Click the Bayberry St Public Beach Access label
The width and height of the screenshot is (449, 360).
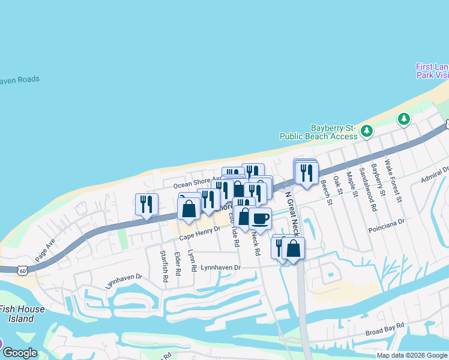click(333, 132)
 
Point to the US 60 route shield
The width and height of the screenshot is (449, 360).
click(22, 271)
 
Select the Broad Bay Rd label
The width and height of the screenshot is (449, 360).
click(385, 332)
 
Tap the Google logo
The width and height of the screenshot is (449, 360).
click(20, 352)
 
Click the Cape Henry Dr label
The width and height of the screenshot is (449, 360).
click(200, 237)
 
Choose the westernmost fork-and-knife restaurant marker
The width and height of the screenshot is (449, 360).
click(146, 204)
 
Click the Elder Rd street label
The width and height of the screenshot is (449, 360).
click(177, 263)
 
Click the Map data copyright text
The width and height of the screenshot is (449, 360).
click(412, 355)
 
